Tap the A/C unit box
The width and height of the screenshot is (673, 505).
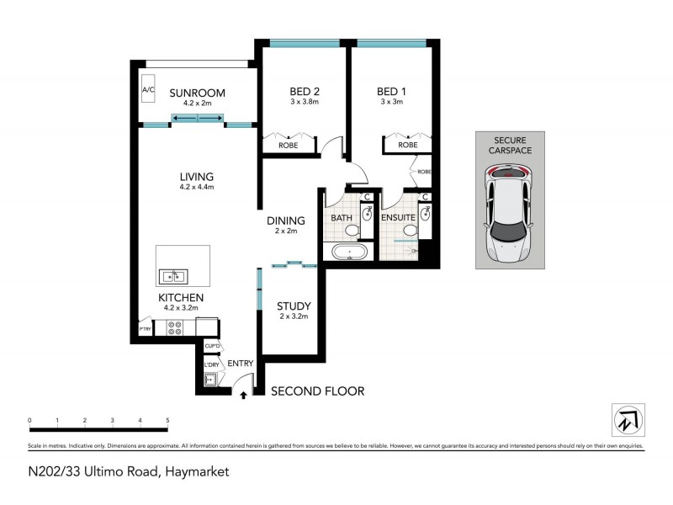tap(148, 90)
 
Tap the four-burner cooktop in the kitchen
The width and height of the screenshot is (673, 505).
tap(175, 328)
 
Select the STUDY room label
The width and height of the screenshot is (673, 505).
tap(294, 306)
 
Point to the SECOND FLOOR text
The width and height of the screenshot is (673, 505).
tap(316, 391)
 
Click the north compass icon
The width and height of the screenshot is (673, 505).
tap(627, 417)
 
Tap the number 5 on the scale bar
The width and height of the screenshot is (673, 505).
tap(167, 420)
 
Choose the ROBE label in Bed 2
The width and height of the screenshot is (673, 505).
tap(288, 146)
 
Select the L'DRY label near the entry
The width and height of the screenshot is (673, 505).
tap(212, 364)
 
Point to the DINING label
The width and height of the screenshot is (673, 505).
tap(286, 221)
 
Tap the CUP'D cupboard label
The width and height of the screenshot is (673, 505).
tap(212, 346)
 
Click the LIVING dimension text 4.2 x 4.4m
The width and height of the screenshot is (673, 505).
tap(197, 188)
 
